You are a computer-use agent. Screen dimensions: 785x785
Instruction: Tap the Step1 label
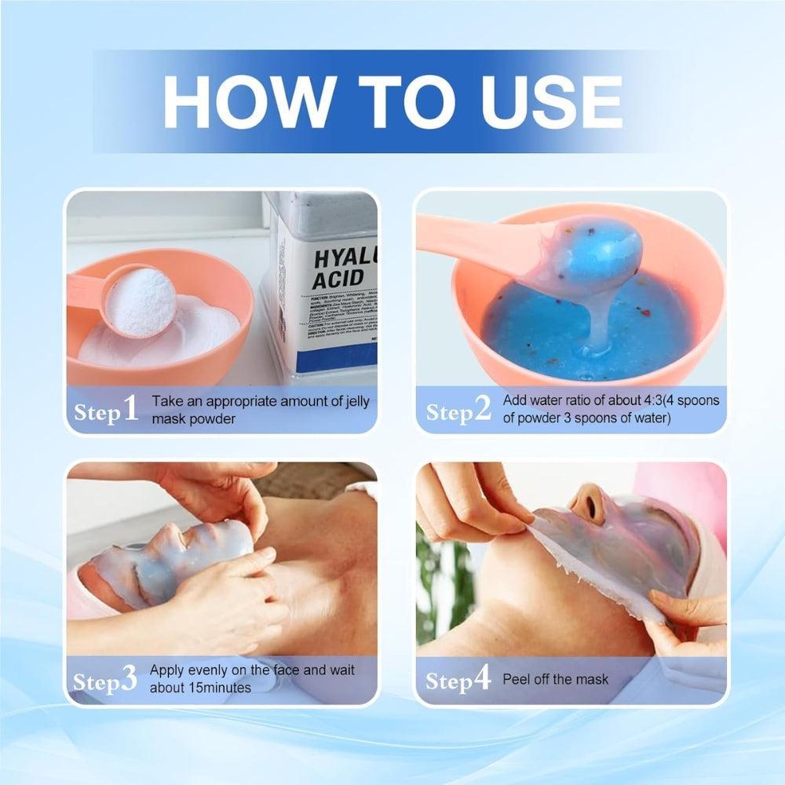point(106,410)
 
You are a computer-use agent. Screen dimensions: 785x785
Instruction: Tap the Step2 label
point(458,410)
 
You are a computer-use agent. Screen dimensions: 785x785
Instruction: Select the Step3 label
point(106,680)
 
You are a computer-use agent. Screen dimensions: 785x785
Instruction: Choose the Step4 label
point(458,680)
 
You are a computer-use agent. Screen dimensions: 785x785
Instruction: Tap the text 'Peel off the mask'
point(555,679)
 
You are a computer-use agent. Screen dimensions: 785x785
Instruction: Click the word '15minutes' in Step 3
point(221,688)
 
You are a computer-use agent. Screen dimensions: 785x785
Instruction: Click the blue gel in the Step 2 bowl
point(549,330)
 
